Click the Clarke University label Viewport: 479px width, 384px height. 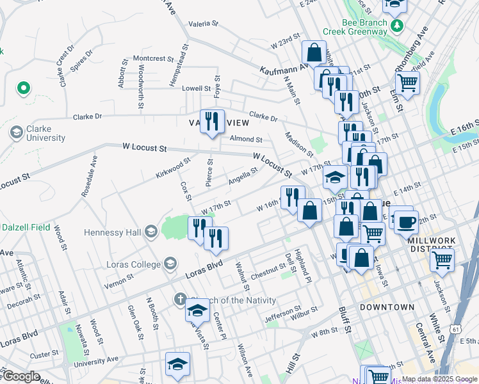pyautogui.click(x=45, y=133)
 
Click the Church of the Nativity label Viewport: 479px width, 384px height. pyautogui.click(x=234, y=300)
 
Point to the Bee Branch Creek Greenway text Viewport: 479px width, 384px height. pyautogui.click(x=364, y=26)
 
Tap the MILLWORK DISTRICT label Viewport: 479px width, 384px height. pyautogui.click(x=431, y=244)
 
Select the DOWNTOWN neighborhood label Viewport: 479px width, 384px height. pyautogui.click(x=387, y=307)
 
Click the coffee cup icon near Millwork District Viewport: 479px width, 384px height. pyautogui.click(x=406, y=222)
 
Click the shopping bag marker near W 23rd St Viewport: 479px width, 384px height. pyautogui.click(x=314, y=52)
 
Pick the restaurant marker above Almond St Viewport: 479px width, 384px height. pyautogui.click(x=212, y=120)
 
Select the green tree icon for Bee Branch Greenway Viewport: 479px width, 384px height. pyautogui.click(x=398, y=26)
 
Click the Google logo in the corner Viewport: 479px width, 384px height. pyautogui.click(x=21, y=376)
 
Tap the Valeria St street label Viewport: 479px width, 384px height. pyautogui.click(x=204, y=24)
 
